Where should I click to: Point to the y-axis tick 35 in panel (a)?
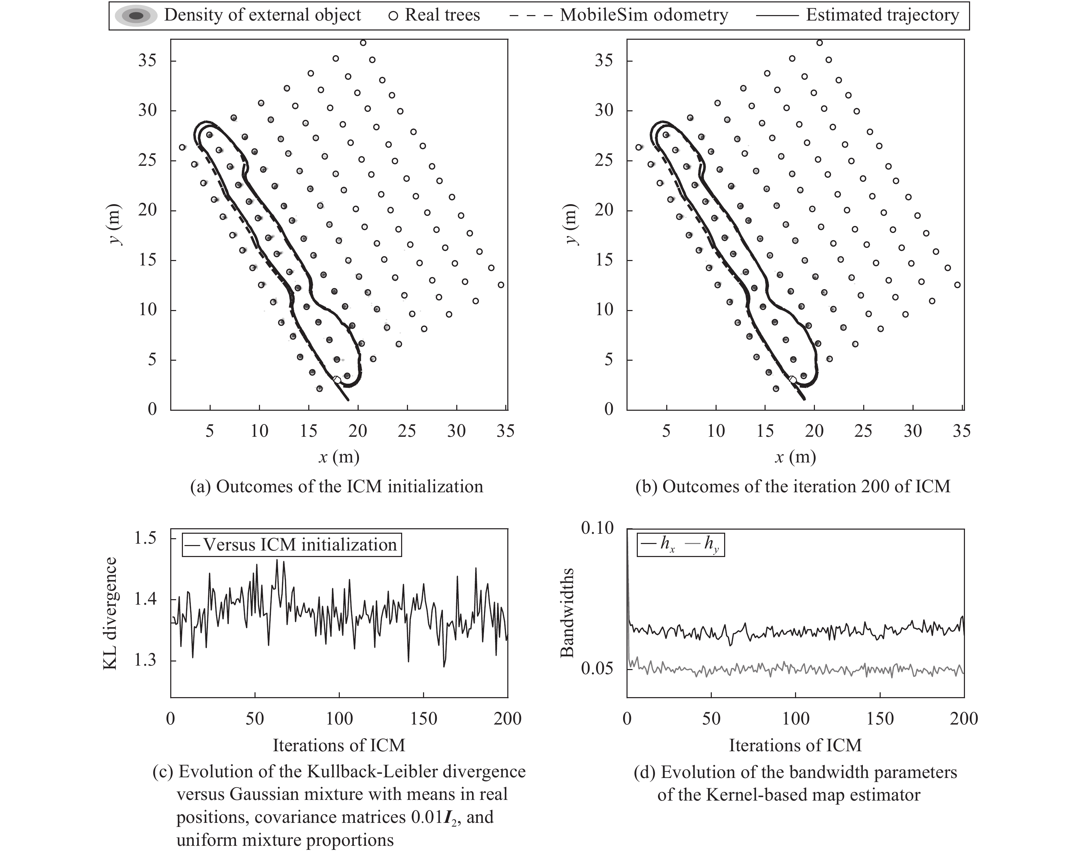(147, 60)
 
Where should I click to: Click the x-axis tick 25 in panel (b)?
(863, 431)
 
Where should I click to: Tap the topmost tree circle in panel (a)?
(363, 43)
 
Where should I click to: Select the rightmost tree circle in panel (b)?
(957, 285)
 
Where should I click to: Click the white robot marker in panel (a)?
(337, 380)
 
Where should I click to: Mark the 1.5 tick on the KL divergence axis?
(146, 538)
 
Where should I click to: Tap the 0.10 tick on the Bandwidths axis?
(597, 528)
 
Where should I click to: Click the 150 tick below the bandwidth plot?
(880, 718)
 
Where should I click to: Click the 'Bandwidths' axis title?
(567, 613)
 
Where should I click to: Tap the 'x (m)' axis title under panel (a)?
(339, 456)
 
